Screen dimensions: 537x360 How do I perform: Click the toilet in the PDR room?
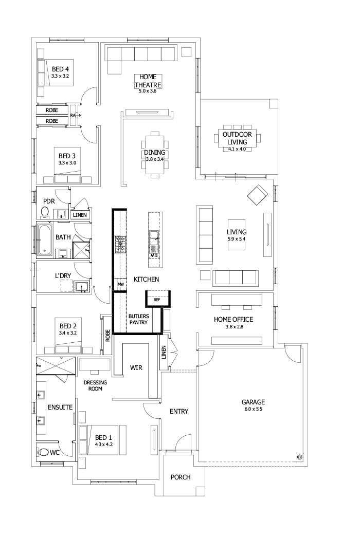click(45, 211)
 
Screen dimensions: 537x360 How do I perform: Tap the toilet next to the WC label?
click(45, 453)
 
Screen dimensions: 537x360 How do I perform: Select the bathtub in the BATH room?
click(45, 239)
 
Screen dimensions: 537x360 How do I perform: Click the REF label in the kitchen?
click(157, 299)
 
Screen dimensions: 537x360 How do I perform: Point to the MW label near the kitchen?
click(120, 284)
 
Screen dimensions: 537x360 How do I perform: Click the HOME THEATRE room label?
click(148, 81)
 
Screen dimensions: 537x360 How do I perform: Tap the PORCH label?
click(181, 477)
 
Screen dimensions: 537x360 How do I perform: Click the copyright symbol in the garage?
click(299, 456)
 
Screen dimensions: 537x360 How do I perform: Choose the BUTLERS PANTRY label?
click(139, 319)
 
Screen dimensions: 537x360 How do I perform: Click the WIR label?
click(136, 368)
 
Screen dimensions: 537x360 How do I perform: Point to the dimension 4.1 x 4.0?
click(237, 149)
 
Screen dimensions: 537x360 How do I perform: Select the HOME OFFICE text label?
click(233, 319)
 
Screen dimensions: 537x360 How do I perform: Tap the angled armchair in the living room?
click(258, 195)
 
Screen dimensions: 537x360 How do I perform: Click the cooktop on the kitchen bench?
click(120, 245)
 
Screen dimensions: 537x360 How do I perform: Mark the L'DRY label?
click(63, 275)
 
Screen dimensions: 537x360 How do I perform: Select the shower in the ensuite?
click(56, 368)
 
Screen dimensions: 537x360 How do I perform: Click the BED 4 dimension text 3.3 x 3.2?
click(60, 76)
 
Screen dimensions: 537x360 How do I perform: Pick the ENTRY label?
click(178, 411)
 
